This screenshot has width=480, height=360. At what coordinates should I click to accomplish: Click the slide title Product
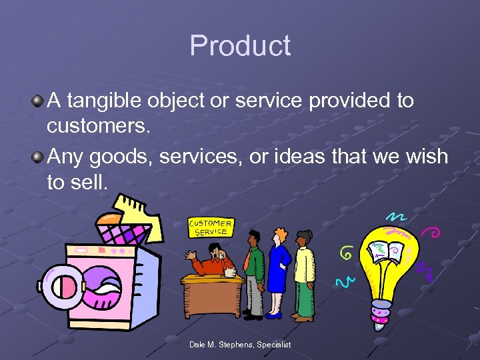coord(240,46)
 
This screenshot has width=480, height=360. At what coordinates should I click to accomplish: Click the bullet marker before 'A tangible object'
coord(38,101)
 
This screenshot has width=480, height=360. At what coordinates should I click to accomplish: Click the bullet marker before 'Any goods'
coord(38,157)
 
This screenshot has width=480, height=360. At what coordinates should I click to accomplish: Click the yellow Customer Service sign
coord(211,227)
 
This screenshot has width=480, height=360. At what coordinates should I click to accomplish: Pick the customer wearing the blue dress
coord(279,270)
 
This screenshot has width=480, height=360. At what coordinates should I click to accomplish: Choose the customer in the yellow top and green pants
coord(304,273)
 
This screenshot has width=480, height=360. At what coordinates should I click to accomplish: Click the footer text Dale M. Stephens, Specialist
coord(239,344)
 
